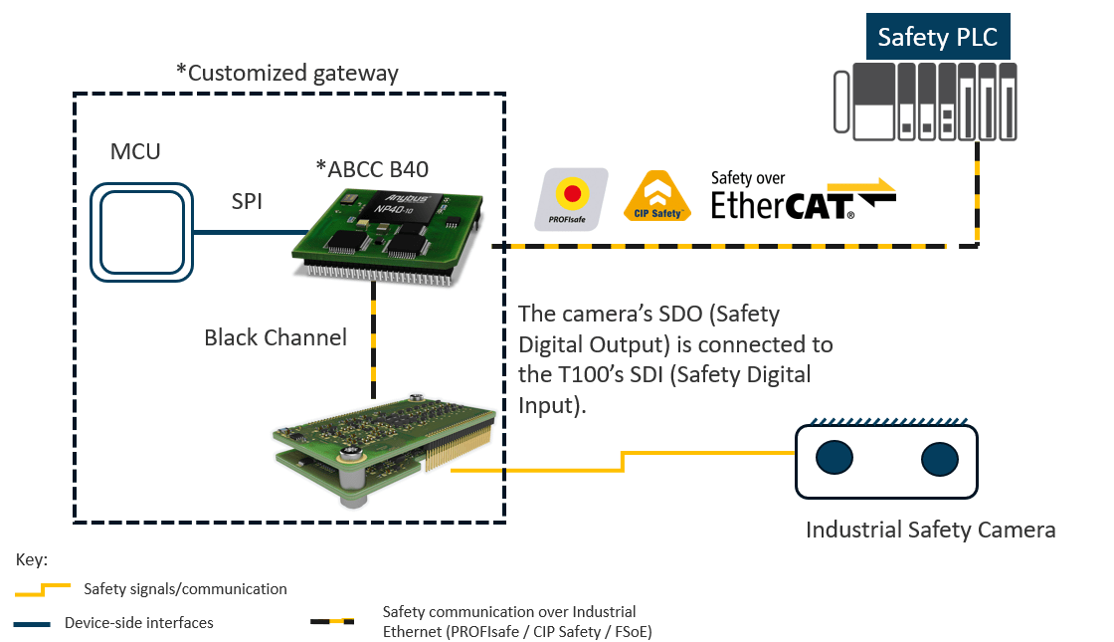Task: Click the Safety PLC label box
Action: click(x=939, y=38)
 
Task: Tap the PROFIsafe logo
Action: click(x=571, y=199)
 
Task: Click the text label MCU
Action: click(x=134, y=152)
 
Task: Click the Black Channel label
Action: click(x=276, y=338)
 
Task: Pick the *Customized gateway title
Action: click(x=286, y=73)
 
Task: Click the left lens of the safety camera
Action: click(x=834, y=458)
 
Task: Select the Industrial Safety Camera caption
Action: click(x=929, y=530)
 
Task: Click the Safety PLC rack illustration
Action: click(x=925, y=100)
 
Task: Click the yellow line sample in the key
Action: click(x=43, y=589)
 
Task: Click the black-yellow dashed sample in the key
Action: click(x=332, y=621)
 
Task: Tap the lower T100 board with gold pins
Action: click(x=383, y=444)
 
